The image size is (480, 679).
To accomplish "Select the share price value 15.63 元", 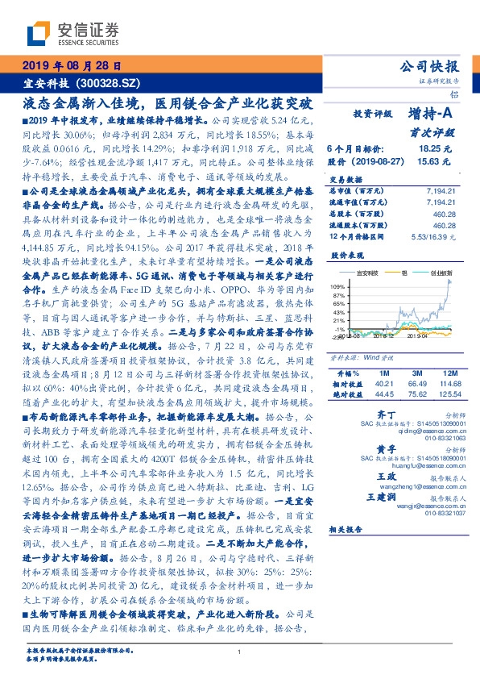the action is [x=436, y=161].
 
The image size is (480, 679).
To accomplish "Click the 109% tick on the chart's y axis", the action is [x=337, y=286].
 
